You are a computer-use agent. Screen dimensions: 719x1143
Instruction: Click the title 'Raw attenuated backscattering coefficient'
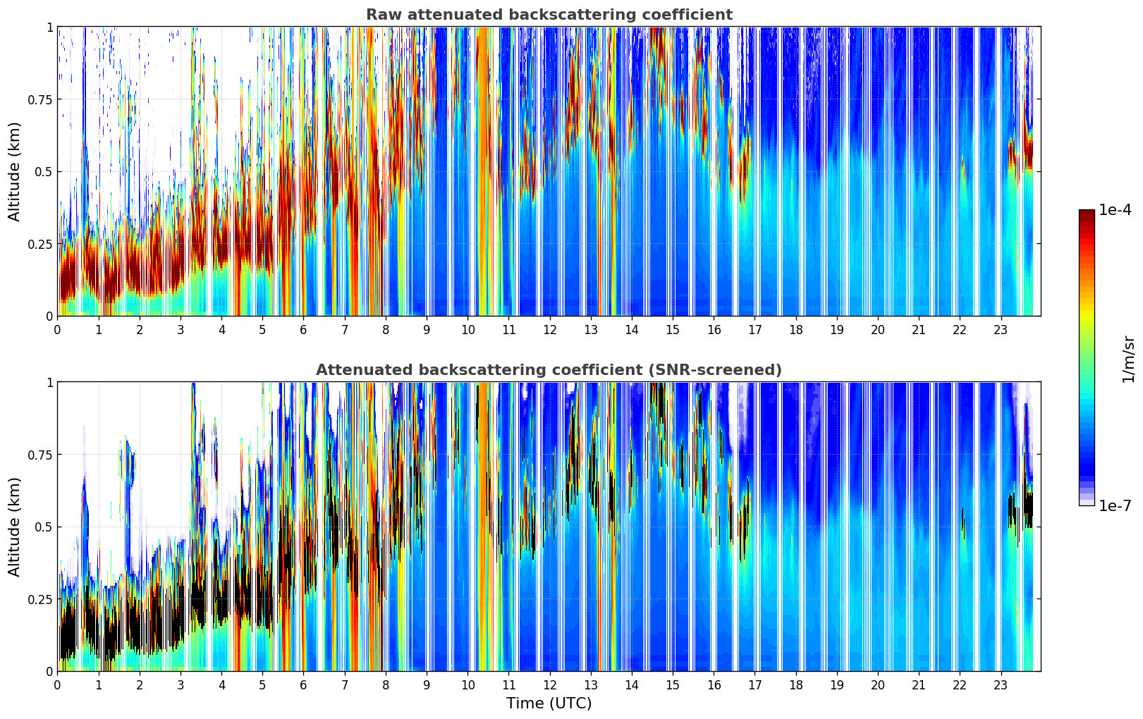point(549,15)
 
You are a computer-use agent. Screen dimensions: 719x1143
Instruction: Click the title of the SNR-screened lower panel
point(549,370)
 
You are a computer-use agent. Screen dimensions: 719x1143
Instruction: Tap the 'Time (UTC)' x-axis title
point(549,703)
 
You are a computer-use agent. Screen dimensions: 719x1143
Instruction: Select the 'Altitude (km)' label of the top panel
point(15,171)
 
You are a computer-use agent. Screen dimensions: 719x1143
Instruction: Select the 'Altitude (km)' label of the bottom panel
point(15,527)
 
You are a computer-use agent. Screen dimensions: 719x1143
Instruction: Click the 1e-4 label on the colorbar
point(1115,210)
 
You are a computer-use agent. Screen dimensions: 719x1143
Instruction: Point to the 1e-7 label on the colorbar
point(1115,505)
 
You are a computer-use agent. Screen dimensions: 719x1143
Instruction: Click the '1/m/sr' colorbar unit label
point(1128,359)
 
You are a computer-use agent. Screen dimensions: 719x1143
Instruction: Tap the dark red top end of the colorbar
point(1087,214)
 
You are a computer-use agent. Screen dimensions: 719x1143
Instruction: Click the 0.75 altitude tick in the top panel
point(40,99)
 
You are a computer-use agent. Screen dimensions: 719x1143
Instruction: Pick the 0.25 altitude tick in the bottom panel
point(40,599)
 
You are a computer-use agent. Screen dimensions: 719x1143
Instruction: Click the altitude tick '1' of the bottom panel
point(49,383)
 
